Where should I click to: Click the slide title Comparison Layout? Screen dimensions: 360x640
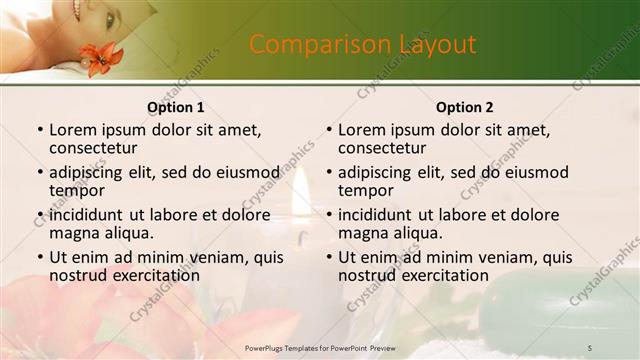(362, 45)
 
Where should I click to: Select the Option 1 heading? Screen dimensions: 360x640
(175, 107)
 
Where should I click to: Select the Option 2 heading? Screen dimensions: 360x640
(465, 107)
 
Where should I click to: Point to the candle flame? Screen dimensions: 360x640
(301, 196)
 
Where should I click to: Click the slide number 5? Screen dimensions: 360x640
(590, 347)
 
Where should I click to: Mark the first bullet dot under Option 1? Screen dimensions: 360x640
(39, 130)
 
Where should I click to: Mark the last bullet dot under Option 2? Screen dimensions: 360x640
(328, 257)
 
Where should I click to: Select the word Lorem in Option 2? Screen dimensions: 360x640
(360, 130)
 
